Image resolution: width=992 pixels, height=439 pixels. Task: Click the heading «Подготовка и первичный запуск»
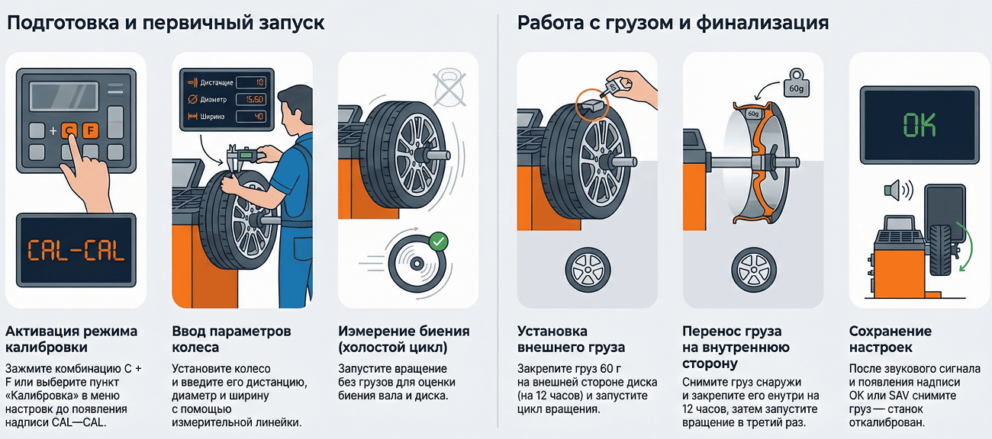pyautogui.click(x=166, y=23)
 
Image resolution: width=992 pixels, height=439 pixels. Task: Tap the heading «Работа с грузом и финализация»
pyautogui.click(x=673, y=23)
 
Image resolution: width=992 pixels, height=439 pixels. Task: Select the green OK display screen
pyautogui.click(x=920, y=124)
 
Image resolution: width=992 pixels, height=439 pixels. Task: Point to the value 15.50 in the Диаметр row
pyautogui.click(x=250, y=100)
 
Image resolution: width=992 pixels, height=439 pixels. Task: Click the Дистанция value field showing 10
pyautogui.click(x=250, y=82)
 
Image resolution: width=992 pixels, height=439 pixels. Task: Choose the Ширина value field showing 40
pyautogui.click(x=250, y=117)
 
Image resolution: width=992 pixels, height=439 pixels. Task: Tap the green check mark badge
pyautogui.click(x=439, y=242)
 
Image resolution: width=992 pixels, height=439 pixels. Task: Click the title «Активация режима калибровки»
pyautogui.click(x=72, y=339)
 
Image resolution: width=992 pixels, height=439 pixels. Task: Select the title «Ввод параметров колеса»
pyautogui.click(x=232, y=339)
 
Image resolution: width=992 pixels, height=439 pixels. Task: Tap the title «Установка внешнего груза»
pyautogui.click(x=571, y=339)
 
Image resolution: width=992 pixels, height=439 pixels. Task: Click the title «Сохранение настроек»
pyautogui.click(x=891, y=339)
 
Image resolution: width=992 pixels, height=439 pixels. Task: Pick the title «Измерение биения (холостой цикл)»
pyautogui.click(x=404, y=339)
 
